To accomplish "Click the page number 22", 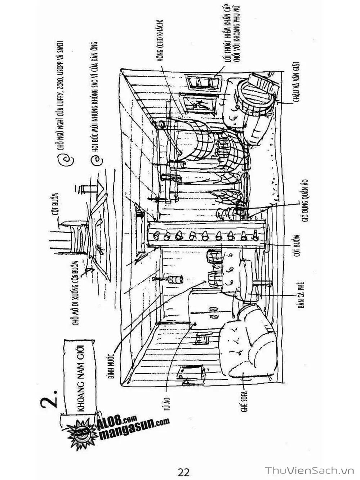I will (183, 471).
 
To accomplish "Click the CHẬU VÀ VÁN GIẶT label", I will (299, 84).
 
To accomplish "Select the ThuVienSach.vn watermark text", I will (310, 471).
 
